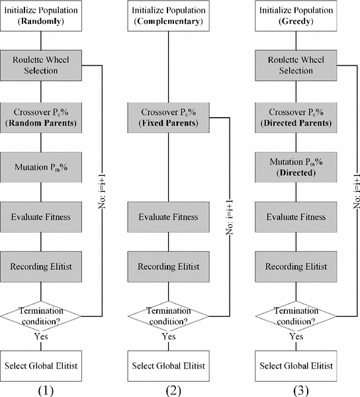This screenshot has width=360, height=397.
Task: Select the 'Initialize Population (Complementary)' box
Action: click(x=169, y=17)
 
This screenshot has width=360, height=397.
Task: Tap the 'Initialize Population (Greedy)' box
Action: click(x=294, y=17)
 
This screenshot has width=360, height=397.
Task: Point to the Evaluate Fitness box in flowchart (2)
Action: click(x=169, y=216)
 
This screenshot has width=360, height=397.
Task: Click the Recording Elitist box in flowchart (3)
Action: click(x=294, y=267)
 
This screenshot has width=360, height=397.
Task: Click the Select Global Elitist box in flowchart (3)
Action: click(x=294, y=366)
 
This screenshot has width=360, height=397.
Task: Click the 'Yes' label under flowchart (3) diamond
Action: click(x=294, y=337)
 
